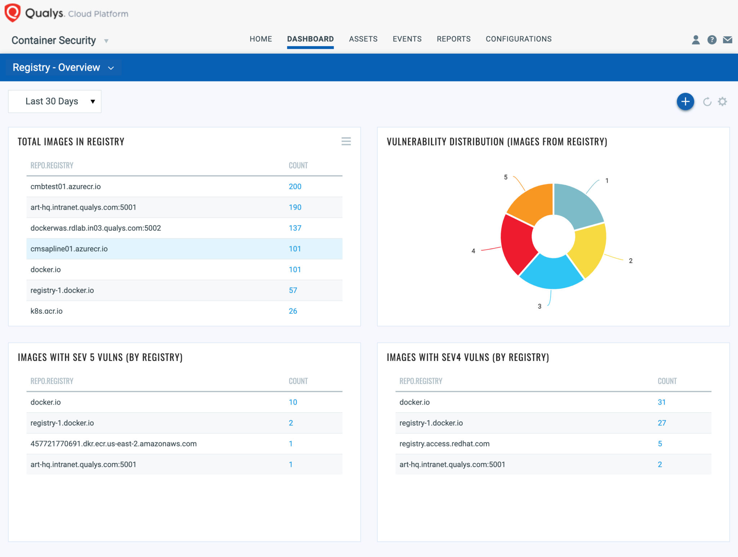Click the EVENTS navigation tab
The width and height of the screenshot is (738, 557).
pos(407,39)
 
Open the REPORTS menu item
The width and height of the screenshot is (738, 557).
pos(453,39)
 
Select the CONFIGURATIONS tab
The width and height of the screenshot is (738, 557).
pos(518,39)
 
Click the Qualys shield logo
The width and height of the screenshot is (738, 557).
pos(13,13)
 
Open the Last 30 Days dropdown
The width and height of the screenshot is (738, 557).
pos(55,102)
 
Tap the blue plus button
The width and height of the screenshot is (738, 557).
pos(685,102)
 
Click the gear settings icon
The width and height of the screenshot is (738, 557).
pos(722,102)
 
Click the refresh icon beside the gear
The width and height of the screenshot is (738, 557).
pos(707,102)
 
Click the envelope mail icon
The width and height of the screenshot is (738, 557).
pos(727,40)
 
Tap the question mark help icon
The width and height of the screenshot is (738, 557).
pos(712,40)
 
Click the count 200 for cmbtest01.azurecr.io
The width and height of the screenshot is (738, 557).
pos(295,187)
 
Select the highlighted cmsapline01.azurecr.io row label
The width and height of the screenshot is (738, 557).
pos(69,249)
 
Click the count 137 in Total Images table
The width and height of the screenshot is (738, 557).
pos(295,228)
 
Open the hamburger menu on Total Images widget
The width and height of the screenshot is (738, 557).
pos(346,141)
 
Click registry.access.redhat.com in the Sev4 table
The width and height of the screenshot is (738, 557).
pos(444,444)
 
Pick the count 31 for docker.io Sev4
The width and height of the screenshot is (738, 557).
pos(661,402)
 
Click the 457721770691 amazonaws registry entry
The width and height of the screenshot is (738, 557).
pos(114,444)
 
